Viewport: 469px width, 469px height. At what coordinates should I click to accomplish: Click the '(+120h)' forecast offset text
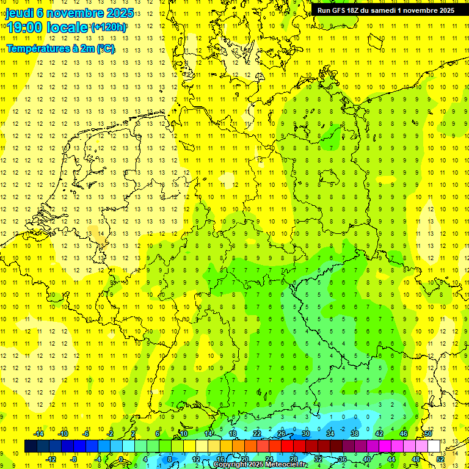tap(108, 27)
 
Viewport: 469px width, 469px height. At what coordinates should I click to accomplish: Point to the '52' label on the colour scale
tap(440, 459)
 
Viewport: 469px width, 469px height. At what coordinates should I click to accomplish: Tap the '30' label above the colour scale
tap(305, 434)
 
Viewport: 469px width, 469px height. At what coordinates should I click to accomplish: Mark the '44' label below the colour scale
tap(391, 459)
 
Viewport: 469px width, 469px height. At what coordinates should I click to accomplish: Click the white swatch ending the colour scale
tap(434, 446)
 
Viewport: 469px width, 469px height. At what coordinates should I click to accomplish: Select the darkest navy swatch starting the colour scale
tap(31, 446)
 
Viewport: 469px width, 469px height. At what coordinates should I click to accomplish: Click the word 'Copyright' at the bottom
tap(230, 465)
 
